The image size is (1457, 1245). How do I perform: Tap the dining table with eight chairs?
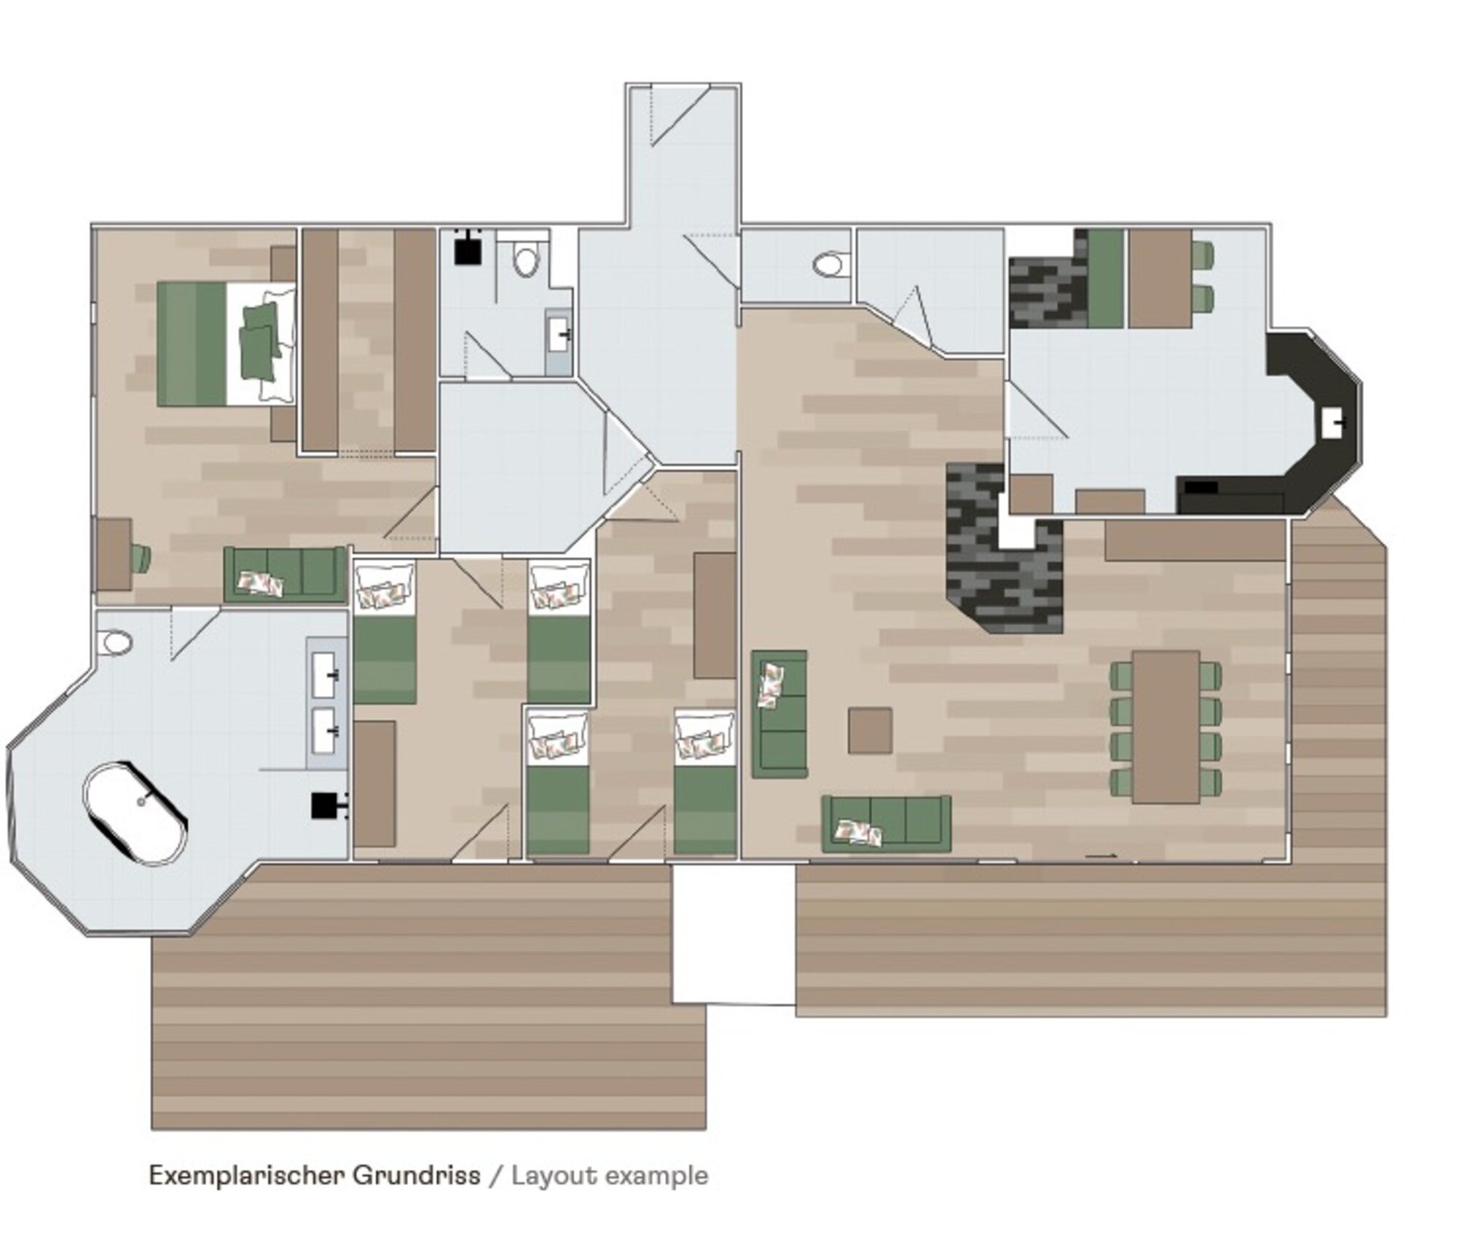1166,727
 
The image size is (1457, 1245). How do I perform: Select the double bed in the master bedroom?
227,344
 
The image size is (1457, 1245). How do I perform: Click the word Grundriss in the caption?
417,1176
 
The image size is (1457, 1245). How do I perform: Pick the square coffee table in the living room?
870,730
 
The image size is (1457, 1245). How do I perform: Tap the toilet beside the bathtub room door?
117,643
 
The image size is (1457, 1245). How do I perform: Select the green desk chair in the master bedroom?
141,558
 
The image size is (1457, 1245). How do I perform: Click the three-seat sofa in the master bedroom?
284,574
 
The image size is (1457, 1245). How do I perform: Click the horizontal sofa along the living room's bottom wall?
887,823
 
